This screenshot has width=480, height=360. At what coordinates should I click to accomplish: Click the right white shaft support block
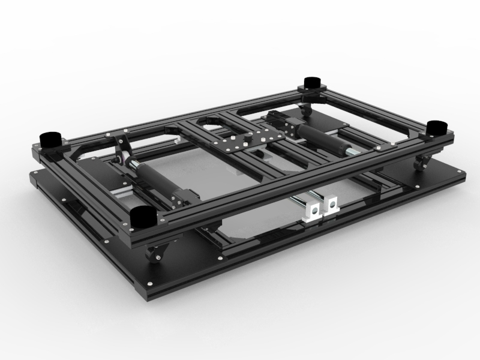pyautogui.click(x=329, y=206)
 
